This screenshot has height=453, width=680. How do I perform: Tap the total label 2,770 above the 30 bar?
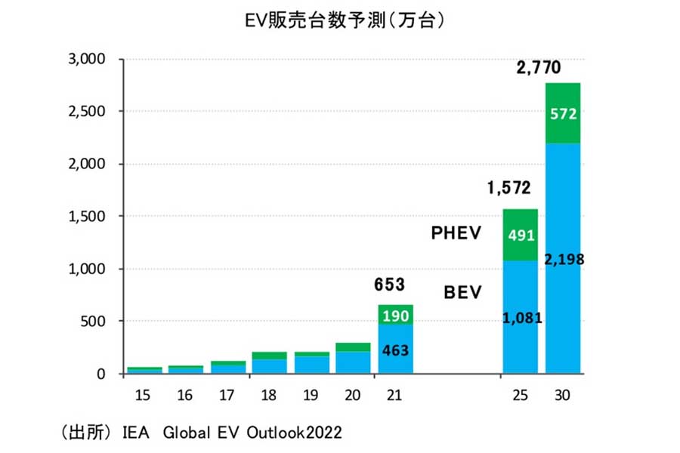[538, 68]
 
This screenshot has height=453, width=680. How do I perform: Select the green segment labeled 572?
[562, 114]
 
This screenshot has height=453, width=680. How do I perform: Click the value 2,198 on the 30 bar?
[562, 260]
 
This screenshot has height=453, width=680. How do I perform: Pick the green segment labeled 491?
[520, 234]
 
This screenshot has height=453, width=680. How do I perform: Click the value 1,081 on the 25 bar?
[520, 318]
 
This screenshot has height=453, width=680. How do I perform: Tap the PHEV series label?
[456, 234]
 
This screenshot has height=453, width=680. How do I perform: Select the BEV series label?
[461, 292]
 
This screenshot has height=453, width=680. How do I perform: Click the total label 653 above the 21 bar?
[390, 285]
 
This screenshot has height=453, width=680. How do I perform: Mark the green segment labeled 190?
[396, 315]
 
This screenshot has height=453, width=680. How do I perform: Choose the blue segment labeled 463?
[396, 350]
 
